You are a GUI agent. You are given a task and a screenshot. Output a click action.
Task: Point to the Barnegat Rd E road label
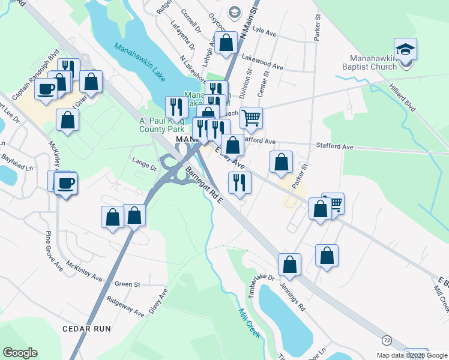click(204, 185)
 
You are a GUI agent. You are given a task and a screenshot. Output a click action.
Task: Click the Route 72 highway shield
click(386, 340)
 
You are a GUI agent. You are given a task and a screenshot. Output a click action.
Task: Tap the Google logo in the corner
click(20, 353)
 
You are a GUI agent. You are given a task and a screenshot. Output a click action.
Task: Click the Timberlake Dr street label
click(259, 286)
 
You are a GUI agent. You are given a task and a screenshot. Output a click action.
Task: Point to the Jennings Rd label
click(292, 298)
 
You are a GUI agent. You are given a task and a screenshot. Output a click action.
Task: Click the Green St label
click(127, 284)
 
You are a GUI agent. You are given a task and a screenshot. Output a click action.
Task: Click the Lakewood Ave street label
click(262, 61)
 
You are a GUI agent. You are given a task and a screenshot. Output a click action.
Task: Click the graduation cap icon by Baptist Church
click(405, 49)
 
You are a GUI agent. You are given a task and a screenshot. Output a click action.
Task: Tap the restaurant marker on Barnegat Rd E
click(239, 182)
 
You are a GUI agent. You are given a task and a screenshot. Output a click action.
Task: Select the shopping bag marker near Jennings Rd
click(289, 264)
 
